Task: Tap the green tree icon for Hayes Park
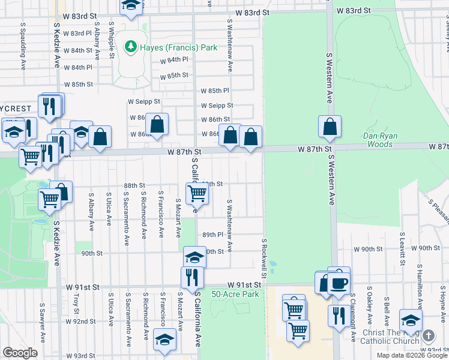pyautogui.click(x=130, y=46)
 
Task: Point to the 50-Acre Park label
pyautogui.click(x=235, y=294)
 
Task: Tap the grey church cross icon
pyautogui.click(x=428, y=336)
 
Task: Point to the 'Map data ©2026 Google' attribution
pyautogui.click(x=412, y=355)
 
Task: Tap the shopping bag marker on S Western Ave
pyautogui.click(x=330, y=127)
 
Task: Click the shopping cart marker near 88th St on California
pyautogui.click(x=197, y=193)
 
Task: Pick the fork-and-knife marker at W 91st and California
pyautogui.click(x=192, y=277)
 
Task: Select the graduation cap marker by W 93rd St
pyautogui.click(x=164, y=339)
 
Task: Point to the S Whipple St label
pyautogui.click(x=111, y=41)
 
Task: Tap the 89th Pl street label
pyautogui.click(x=213, y=235)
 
